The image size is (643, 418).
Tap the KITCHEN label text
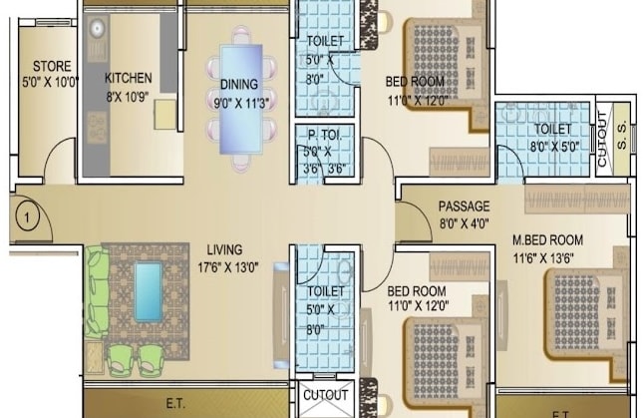pos(130,77)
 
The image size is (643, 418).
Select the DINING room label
pos(238,85)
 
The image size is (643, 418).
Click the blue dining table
pos(241,98)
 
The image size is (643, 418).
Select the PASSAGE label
pos(464,207)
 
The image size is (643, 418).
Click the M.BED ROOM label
pos(547,240)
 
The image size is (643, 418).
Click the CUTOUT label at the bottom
pos(325,394)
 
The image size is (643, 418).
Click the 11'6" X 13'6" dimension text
pos(546,256)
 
